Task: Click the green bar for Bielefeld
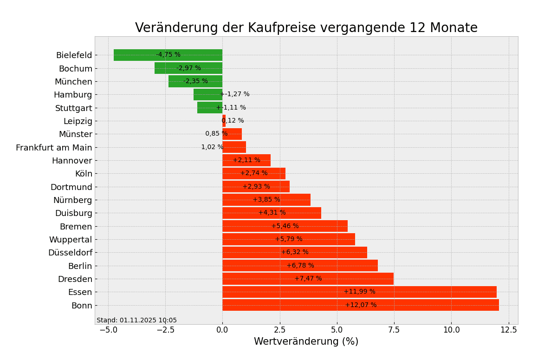(139, 55)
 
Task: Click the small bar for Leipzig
(224, 121)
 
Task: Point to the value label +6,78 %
(300, 266)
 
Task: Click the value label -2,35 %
(195, 81)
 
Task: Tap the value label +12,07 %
(361, 305)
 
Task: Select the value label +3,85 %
(266, 200)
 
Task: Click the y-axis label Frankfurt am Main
(54, 148)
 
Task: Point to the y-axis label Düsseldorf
(70, 253)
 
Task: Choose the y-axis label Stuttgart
(73, 108)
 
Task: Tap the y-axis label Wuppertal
(71, 240)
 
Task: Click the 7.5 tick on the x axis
(394, 330)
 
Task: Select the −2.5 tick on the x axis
(164, 330)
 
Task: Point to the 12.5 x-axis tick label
(509, 330)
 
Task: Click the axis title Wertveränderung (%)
(306, 342)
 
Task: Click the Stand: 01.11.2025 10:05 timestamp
(136, 321)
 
